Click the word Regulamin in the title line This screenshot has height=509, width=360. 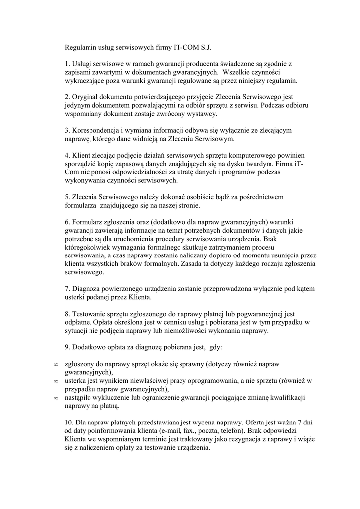[x=81, y=48]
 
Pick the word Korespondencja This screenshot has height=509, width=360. [x=96, y=130]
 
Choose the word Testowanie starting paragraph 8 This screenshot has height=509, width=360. [x=91, y=314]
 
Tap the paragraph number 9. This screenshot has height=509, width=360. [x=68, y=348]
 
